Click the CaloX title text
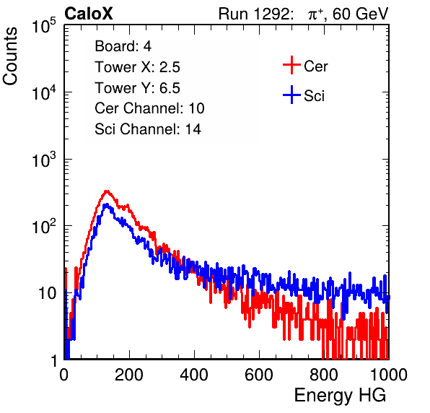[x=89, y=14]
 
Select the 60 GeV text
[x=360, y=14]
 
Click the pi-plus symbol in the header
[x=315, y=14]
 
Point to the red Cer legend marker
[x=291, y=65]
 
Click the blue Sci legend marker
[x=291, y=95]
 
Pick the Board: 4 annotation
[x=123, y=46]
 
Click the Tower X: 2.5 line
[x=137, y=67]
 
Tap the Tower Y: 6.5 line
[x=137, y=88]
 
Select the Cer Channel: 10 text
[x=149, y=108]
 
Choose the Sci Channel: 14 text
[x=148, y=129]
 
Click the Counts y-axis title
[x=10, y=56]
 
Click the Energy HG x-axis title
[x=340, y=396]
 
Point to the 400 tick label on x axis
[x=194, y=375]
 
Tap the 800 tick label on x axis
[x=324, y=375]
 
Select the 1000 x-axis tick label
[x=389, y=375]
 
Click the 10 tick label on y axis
[x=47, y=293]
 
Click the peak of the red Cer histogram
[x=107, y=191]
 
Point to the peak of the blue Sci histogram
[x=106, y=204]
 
